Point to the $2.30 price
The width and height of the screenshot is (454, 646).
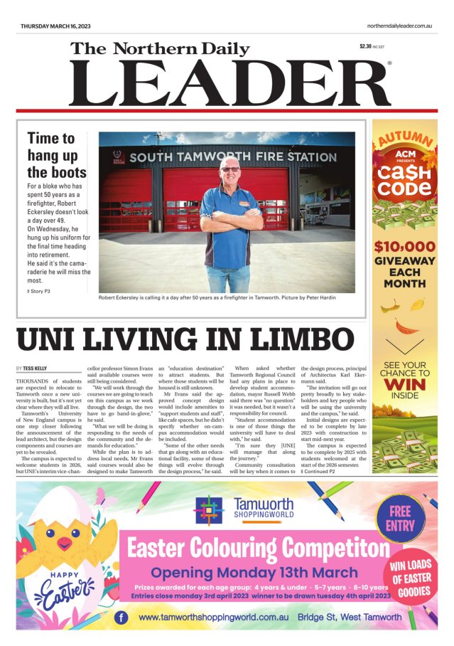366,47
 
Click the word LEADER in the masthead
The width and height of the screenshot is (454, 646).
229,83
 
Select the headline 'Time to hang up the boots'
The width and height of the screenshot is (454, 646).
57,155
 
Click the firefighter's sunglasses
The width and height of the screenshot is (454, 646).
229,169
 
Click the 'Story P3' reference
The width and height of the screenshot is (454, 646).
40,291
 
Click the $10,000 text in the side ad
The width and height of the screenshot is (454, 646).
404,247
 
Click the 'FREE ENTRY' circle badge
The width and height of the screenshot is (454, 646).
400,519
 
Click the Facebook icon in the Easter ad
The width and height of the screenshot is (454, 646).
121,617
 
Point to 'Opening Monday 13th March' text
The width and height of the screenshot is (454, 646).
254,572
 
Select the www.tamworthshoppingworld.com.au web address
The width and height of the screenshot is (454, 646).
219,617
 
